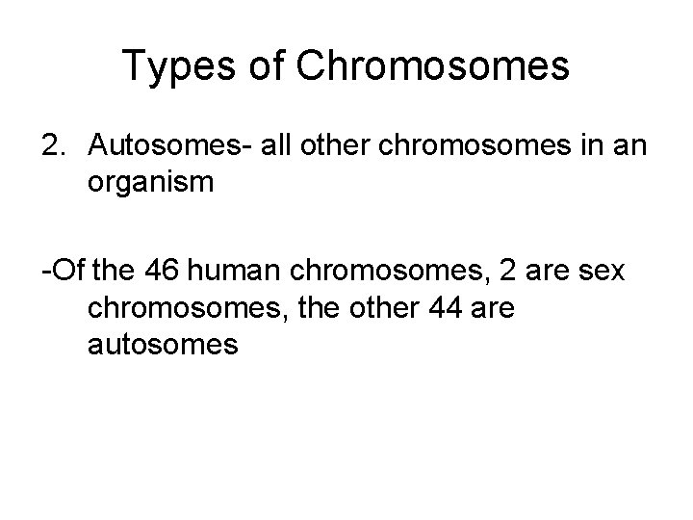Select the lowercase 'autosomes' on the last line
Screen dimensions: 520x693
162,345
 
